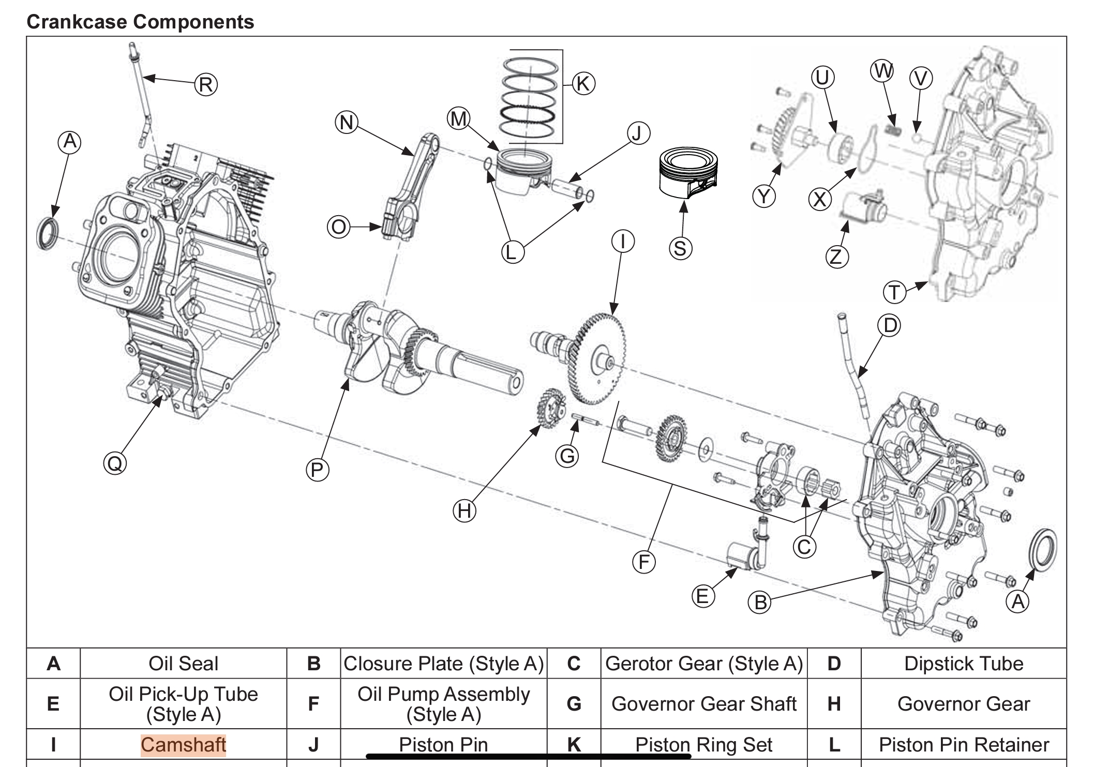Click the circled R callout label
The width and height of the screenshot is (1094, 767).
206,84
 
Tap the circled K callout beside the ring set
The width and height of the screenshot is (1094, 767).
583,83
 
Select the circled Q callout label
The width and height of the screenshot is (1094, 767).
115,462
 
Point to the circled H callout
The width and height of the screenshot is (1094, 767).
464,511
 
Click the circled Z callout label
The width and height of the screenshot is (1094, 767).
836,257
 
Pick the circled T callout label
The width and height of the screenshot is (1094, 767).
894,293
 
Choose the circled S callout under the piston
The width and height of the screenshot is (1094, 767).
680,248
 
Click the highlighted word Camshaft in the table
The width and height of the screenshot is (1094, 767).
183,744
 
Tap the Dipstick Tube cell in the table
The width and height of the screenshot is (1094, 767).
963,664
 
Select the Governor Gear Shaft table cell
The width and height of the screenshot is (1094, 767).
703,704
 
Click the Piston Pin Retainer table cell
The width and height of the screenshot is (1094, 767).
963,744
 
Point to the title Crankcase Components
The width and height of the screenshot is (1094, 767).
140,22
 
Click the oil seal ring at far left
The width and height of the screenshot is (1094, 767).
48,233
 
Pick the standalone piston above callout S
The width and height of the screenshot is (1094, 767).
688,173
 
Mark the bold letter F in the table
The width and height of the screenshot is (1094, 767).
313,704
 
